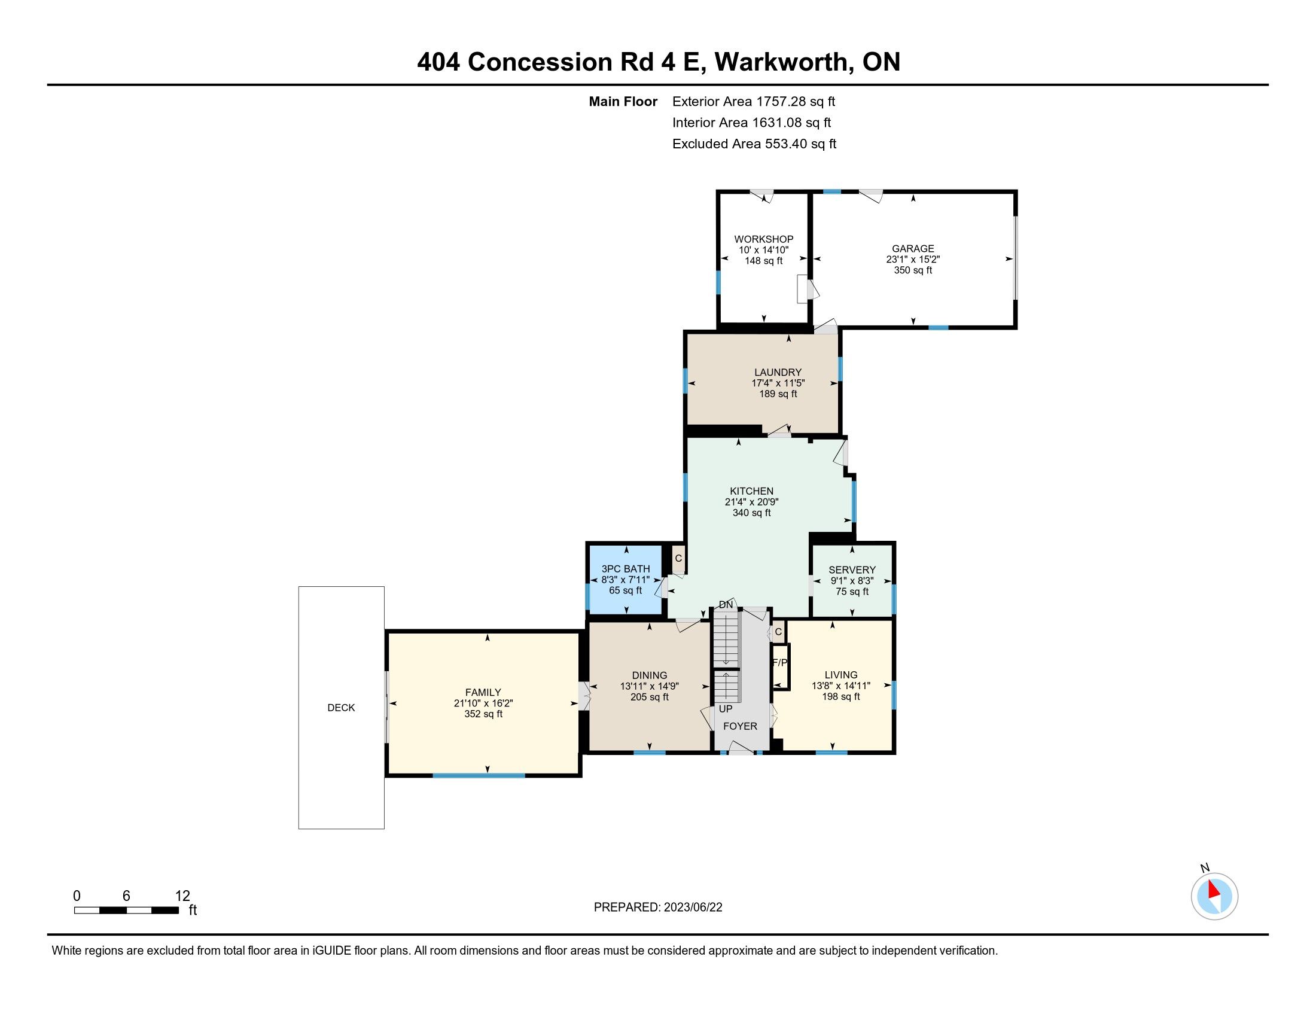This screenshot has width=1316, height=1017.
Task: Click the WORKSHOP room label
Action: click(x=763, y=239)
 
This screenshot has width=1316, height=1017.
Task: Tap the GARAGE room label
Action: click(x=913, y=248)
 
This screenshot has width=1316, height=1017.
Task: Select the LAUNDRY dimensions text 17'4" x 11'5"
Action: click(x=778, y=383)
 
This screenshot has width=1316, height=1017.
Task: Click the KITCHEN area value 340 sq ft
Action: click(x=751, y=513)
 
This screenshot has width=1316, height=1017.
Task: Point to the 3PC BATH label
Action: click(x=626, y=569)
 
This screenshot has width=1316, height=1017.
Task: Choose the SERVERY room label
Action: click(x=852, y=570)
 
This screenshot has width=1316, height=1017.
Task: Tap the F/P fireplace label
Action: click(x=779, y=663)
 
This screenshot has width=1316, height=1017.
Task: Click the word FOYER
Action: click(x=740, y=726)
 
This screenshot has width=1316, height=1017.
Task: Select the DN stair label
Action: click(x=726, y=604)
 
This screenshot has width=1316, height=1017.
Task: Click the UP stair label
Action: click(x=726, y=708)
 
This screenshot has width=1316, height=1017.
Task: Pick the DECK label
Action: click(x=341, y=707)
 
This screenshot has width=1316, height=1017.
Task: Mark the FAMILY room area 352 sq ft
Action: click(x=483, y=714)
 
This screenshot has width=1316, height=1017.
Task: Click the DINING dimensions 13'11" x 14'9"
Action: click(x=650, y=686)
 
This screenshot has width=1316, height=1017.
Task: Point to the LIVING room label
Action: click(x=840, y=675)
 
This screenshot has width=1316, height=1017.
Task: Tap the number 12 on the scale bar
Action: click(x=182, y=896)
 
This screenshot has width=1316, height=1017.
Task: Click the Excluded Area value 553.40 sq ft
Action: click(x=801, y=144)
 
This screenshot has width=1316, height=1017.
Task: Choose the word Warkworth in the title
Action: click(x=784, y=62)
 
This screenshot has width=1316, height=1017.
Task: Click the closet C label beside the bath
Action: click(x=678, y=558)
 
